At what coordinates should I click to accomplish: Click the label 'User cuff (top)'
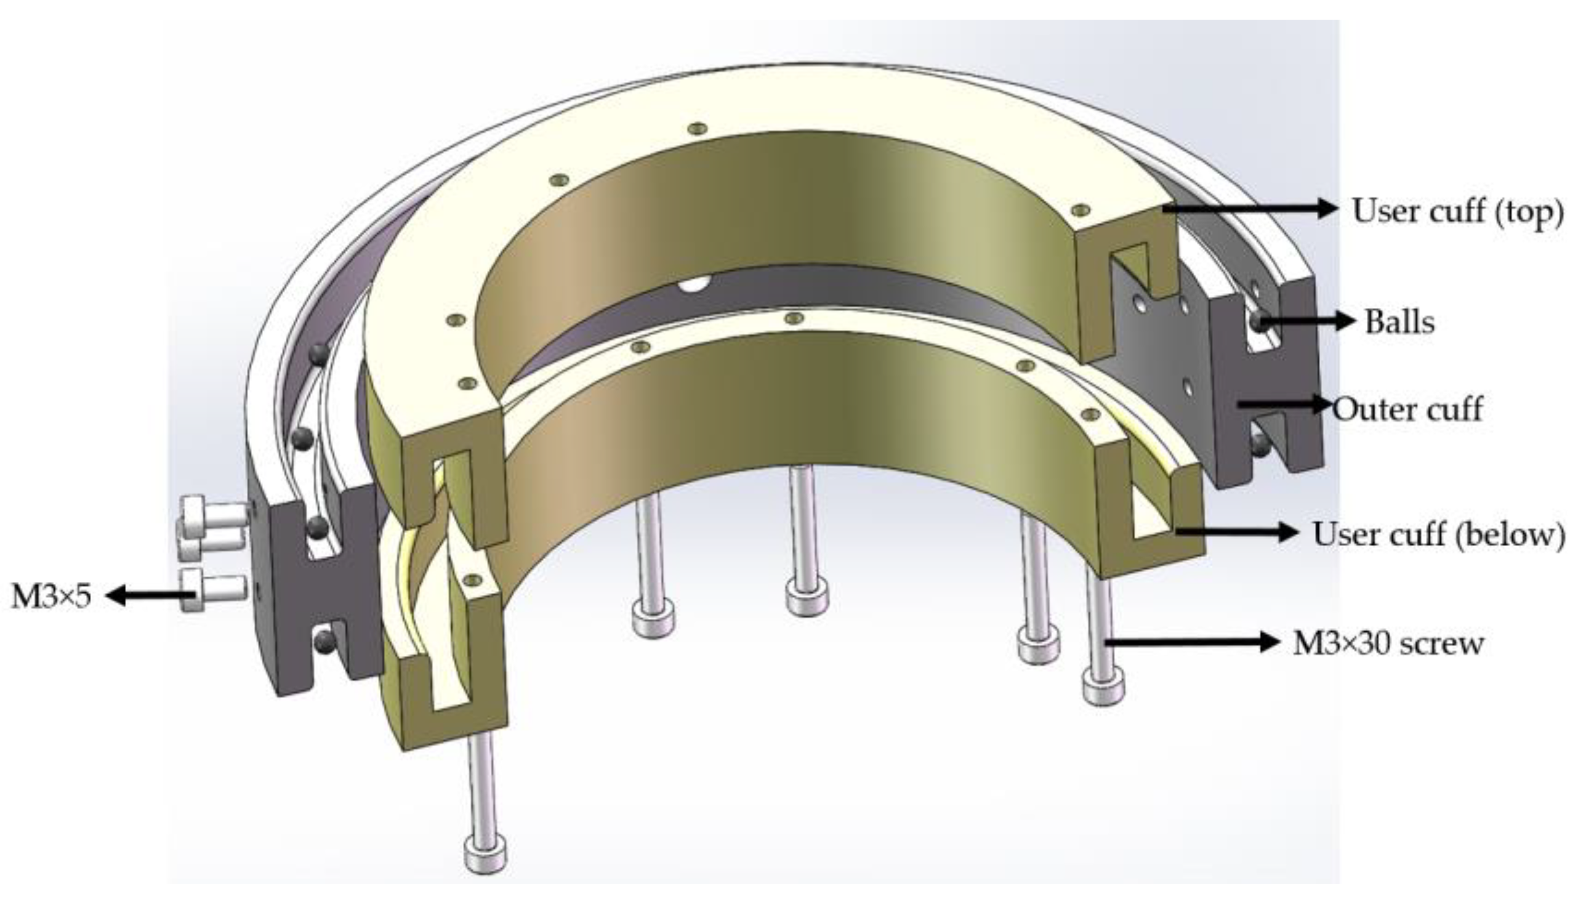pyautogui.click(x=1457, y=211)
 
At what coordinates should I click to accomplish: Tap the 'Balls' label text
pyautogui.click(x=1399, y=322)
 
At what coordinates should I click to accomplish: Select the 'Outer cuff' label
pyautogui.click(x=1408, y=409)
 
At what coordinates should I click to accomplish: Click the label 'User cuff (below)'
pyautogui.click(x=1438, y=534)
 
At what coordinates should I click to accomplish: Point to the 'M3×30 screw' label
pyautogui.click(x=1388, y=644)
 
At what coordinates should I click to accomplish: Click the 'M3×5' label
pyautogui.click(x=51, y=597)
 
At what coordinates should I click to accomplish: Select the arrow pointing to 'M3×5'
pyautogui.click(x=151, y=596)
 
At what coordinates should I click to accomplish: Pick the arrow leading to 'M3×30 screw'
pyautogui.click(x=1191, y=643)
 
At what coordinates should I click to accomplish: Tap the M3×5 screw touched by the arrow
pyautogui.click(x=213, y=590)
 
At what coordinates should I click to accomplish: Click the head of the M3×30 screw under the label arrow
pyautogui.click(x=1103, y=686)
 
